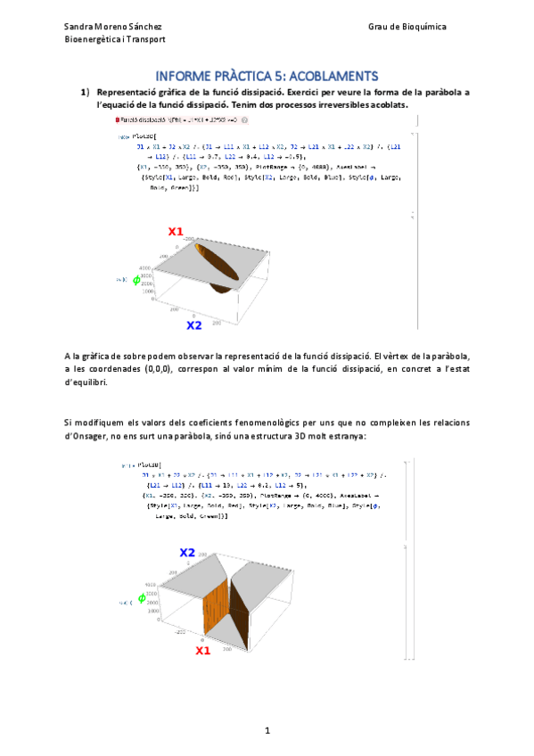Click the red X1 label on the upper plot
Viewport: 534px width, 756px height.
pos(176,232)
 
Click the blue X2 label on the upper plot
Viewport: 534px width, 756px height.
pos(193,325)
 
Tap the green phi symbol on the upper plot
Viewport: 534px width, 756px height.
pos(136,280)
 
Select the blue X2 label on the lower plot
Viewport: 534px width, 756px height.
pos(186,553)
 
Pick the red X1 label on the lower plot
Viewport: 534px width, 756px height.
pos(203,652)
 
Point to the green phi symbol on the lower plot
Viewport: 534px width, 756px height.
pos(141,599)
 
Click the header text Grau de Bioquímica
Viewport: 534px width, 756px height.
pos(407,28)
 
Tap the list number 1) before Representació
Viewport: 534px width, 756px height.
pos(86,92)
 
